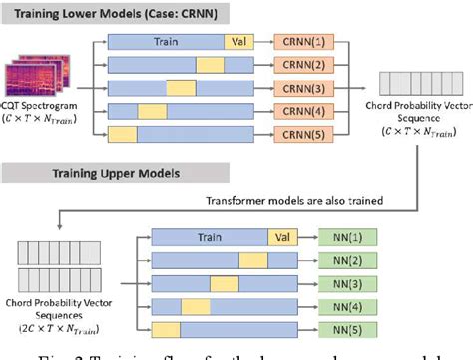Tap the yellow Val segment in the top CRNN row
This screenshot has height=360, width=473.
pyautogui.click(x=240, y=44)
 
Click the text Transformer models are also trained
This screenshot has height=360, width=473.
pyautogui.click(x=308, y=200)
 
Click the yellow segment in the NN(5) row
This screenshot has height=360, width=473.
pyautogui.click(x=165, y=328)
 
